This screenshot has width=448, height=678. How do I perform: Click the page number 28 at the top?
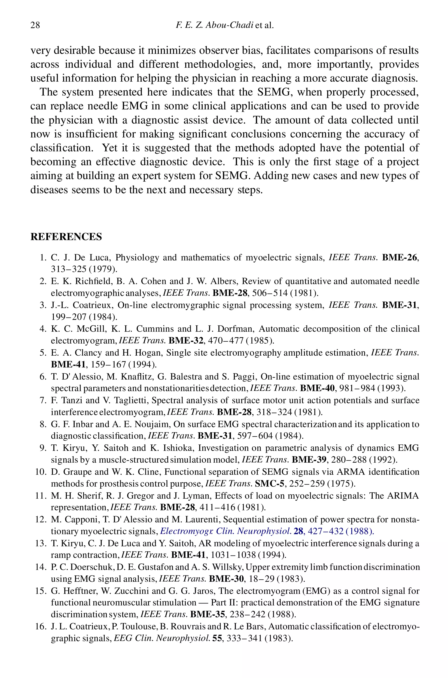35,25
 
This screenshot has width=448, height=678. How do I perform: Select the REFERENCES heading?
66,237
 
